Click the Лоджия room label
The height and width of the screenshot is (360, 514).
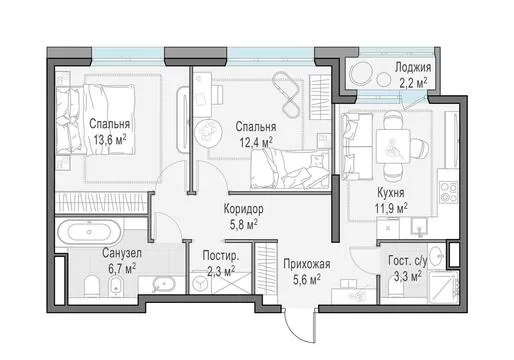tap(413, 68)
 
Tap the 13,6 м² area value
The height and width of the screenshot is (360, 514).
tap(110, 139)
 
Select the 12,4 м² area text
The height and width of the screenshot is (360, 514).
tap(256, 142)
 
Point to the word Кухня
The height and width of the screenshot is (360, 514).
tap(391, 193)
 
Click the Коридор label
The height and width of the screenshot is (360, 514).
tap(243, 209)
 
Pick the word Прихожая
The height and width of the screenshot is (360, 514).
tap(307, 264)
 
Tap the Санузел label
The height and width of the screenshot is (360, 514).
tap(122, 253)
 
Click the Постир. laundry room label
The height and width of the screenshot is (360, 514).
tap(221, 256)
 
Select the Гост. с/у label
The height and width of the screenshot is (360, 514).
tap(407, 261)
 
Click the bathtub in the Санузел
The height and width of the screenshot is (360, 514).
tap(89, 232)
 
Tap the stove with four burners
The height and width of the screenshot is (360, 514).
tap(448, 192)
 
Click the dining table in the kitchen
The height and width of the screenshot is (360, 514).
tap(393, 146)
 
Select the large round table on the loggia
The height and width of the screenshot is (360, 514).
tap(361, 74)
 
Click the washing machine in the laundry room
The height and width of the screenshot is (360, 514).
tap(200, 284)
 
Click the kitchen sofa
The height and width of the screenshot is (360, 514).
tap(357, 147)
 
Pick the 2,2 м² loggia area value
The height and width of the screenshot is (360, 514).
tap(413, 82)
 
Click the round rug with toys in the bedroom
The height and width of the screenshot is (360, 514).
tap(207, 132)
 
